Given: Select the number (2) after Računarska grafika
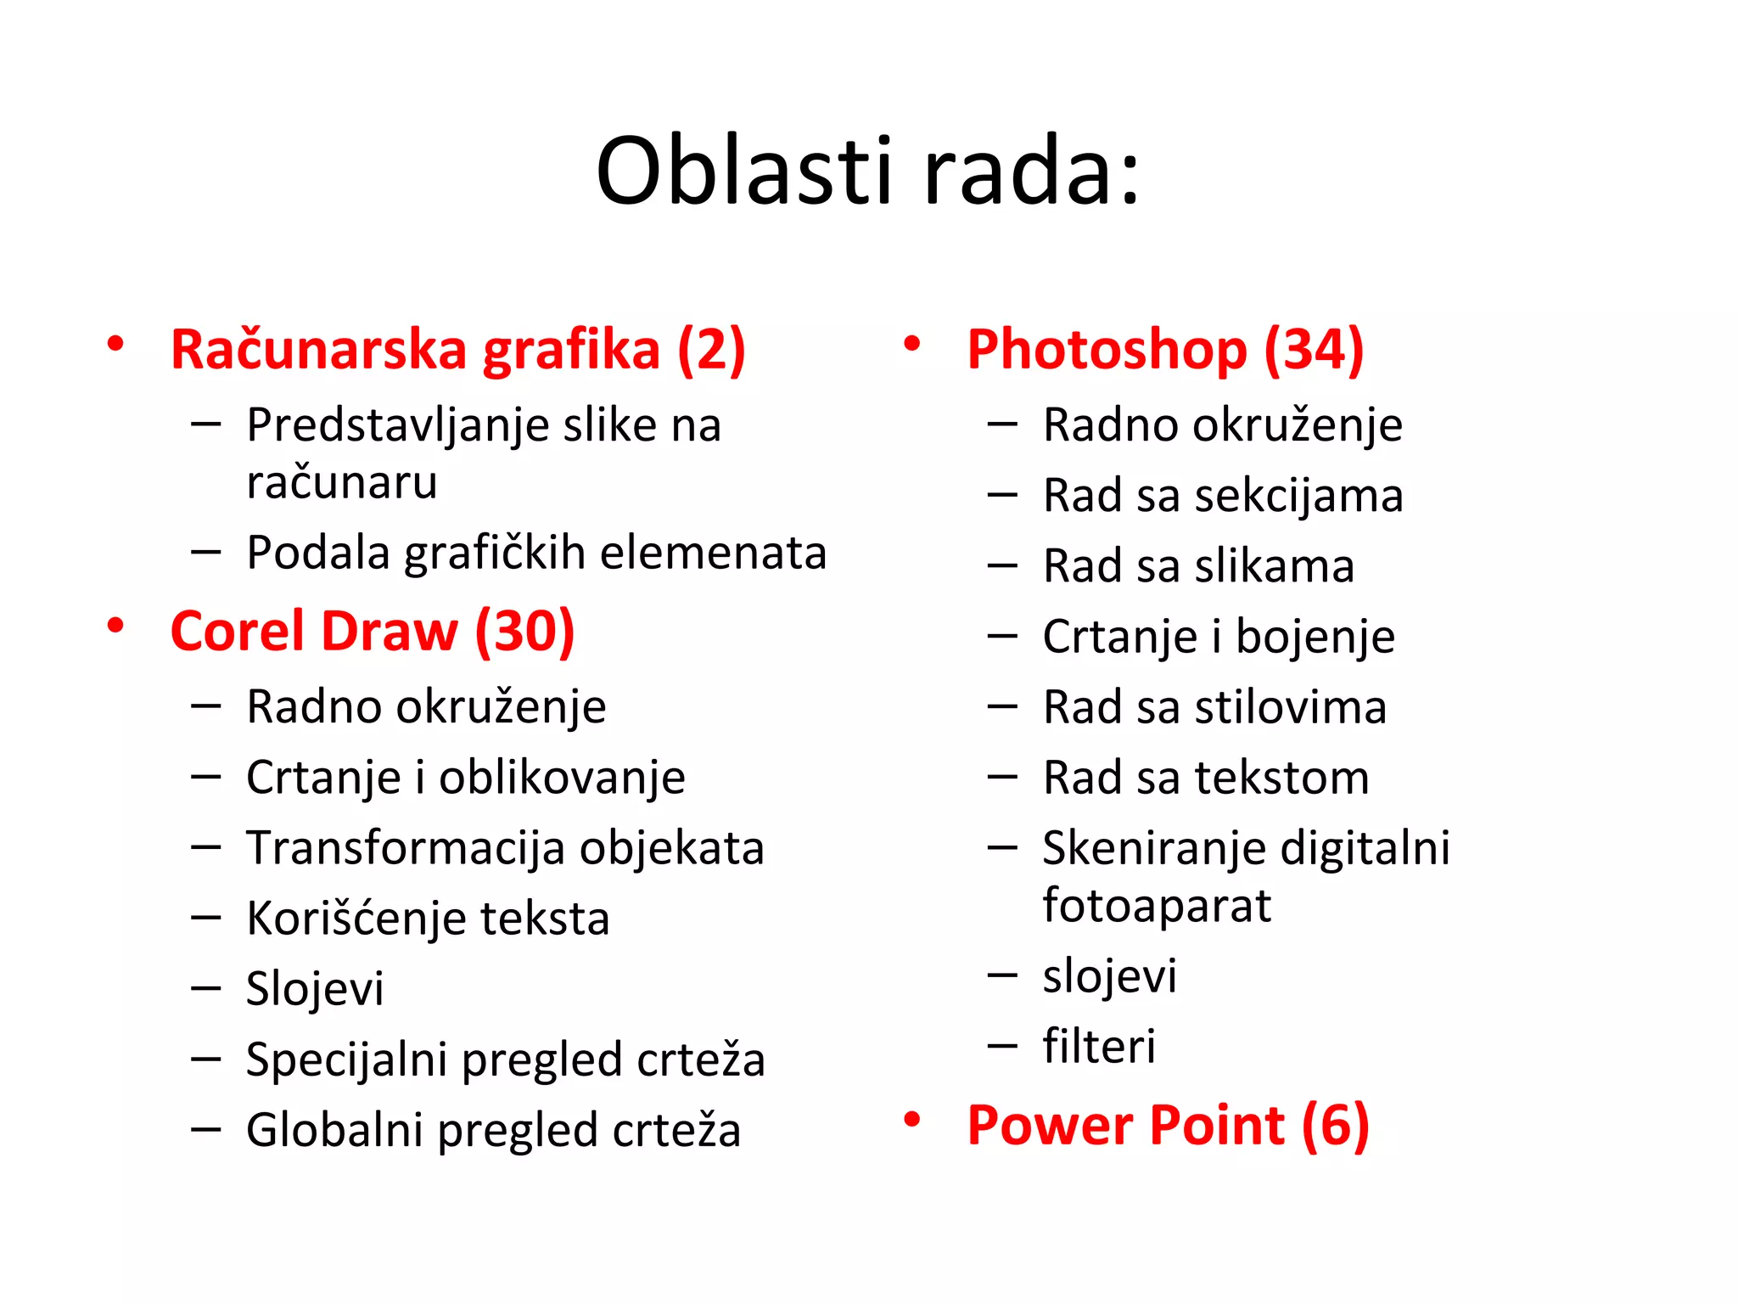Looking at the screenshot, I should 711,349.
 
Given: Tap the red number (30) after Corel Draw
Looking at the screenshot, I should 524,632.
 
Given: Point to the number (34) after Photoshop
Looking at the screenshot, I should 1314,349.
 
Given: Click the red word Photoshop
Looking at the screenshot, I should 1107,349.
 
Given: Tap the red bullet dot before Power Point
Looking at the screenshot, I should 912,1120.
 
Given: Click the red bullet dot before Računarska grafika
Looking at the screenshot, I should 115,344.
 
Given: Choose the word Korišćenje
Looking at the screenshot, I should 356,919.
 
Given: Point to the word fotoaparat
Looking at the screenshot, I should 1157,905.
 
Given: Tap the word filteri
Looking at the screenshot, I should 1099,1046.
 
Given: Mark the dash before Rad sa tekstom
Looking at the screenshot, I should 1002,777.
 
